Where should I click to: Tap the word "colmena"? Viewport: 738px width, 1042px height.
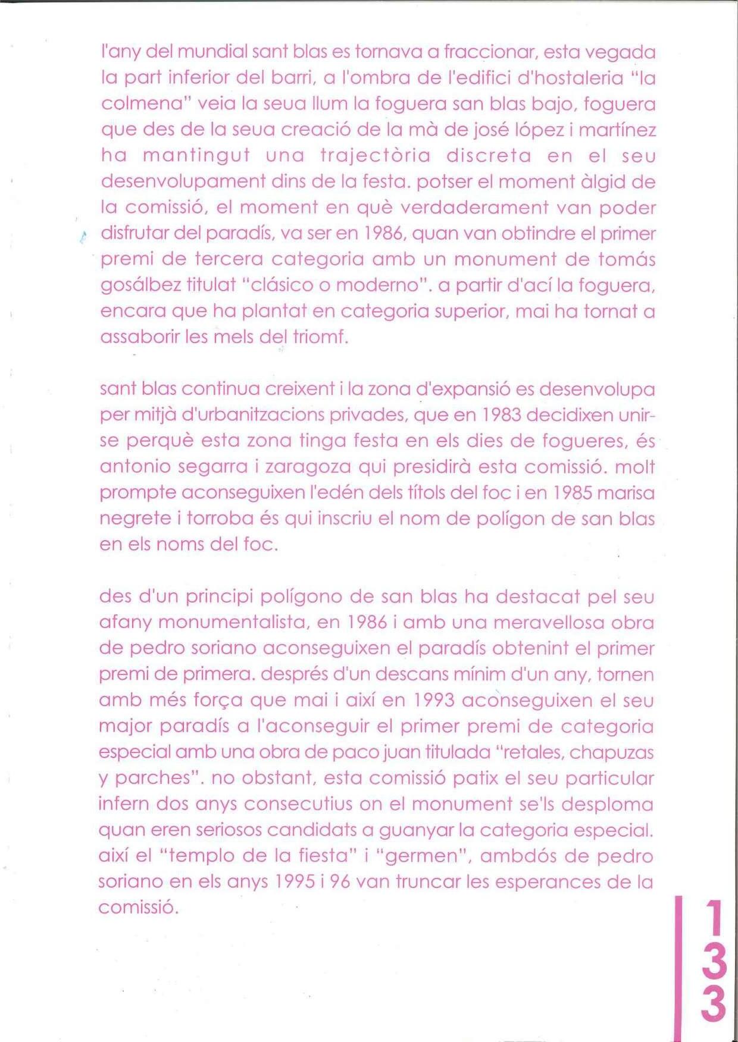click(141, 103)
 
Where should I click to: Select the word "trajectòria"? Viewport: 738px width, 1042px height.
click(376, 155)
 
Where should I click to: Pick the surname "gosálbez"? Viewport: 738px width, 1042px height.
click(140, 285)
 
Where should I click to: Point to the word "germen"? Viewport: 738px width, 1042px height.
click(421, 856)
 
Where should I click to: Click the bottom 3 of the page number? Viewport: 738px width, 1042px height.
click(714, 1005)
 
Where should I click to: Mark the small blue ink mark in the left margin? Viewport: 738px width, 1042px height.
click(82, 237)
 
